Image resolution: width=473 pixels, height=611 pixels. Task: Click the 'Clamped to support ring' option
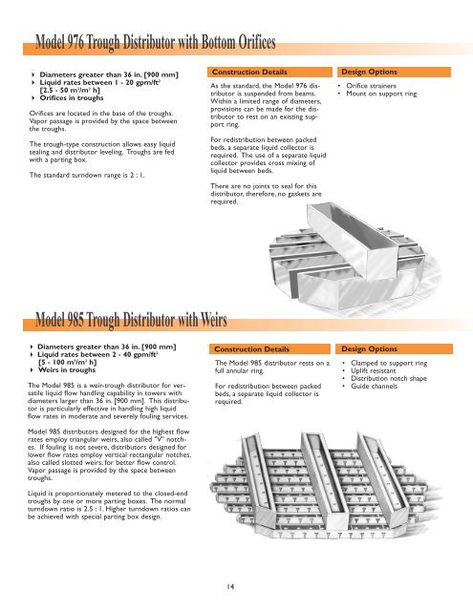pos(407,364)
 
